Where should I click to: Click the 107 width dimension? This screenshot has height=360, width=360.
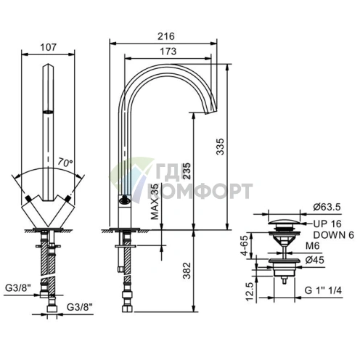(48, 47)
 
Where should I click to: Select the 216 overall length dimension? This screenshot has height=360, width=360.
(166, 36)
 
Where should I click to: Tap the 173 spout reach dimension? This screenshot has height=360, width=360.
(168, 52)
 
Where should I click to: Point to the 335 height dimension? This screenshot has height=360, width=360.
(220, 147)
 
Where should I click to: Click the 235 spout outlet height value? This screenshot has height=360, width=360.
(187, 171)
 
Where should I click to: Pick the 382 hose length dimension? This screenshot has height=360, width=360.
(187, 271)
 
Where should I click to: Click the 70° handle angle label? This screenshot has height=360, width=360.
(65, 163)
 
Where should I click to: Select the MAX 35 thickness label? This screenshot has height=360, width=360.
(155, 202)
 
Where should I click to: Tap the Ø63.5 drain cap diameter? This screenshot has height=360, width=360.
(327, 207)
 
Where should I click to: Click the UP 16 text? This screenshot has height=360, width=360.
(327, 224)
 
